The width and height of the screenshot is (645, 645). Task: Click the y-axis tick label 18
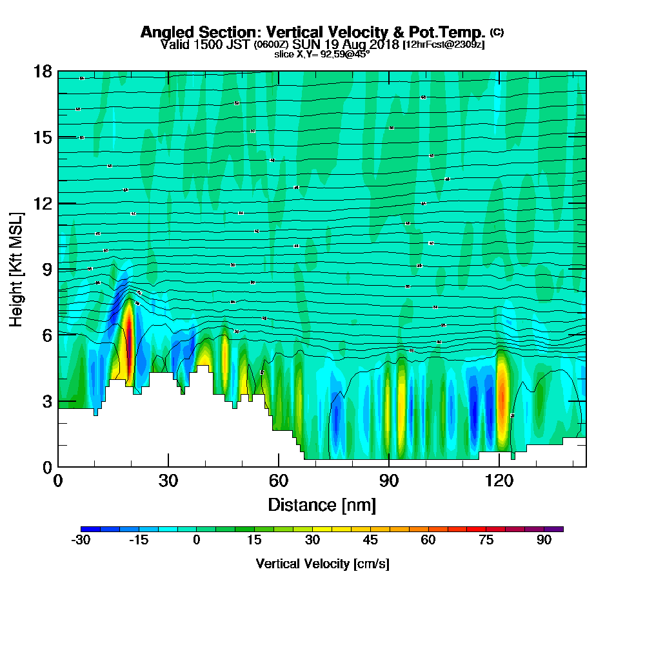(x=42, y=71)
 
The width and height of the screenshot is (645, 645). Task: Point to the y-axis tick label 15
(x=42, y=137)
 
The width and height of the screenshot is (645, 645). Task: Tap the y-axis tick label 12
(x=42, y=203)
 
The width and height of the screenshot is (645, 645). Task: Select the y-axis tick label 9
(x=46, y=269)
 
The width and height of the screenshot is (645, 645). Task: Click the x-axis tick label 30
(x=168, y=481)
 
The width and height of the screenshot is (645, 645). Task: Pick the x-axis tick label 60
(x=279, y=481)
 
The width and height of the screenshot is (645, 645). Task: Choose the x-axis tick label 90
(x=389, y=481)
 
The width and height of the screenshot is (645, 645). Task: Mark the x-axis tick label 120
(x=499, y=481)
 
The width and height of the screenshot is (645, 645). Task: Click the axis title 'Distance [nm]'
(x=322, y=504)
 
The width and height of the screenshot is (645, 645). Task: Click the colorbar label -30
(x=80, y=541)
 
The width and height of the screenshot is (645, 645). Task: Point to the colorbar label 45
(x=370, y=541)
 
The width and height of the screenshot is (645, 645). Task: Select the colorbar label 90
(x=544, y=541)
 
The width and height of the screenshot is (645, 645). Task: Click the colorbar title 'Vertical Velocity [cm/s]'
(x=322, y=564)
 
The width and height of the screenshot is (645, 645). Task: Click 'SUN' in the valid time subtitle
(x=305, y=45)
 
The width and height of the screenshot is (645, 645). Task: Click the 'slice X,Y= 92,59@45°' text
(x=322, y=54)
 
